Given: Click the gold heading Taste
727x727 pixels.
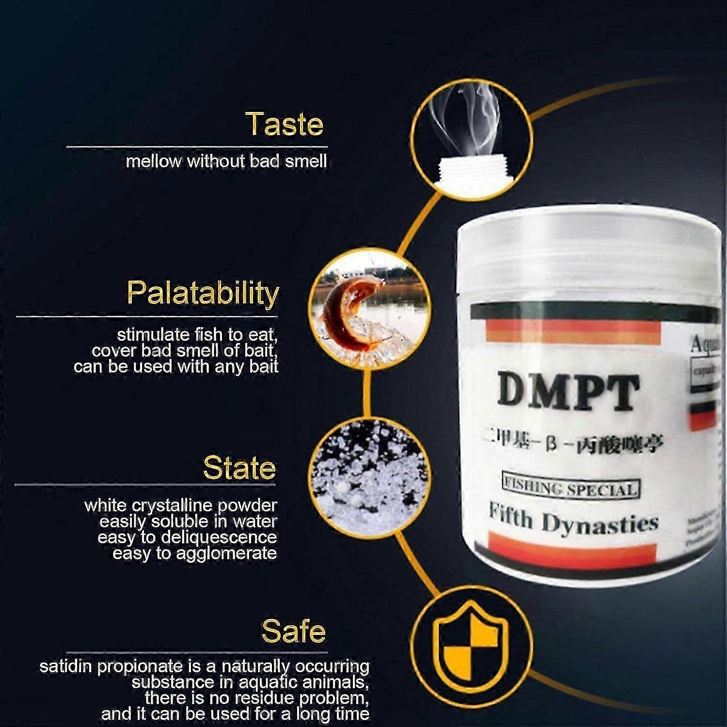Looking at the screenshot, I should [284, 124].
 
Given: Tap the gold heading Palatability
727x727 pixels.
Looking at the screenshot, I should [203, 293].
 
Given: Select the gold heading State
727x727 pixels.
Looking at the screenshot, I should [239, 468].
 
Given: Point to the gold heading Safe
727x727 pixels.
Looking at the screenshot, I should [294, 631].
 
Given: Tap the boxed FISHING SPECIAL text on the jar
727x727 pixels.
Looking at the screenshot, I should [570, 488].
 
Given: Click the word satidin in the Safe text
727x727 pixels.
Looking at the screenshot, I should [65, 666].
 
